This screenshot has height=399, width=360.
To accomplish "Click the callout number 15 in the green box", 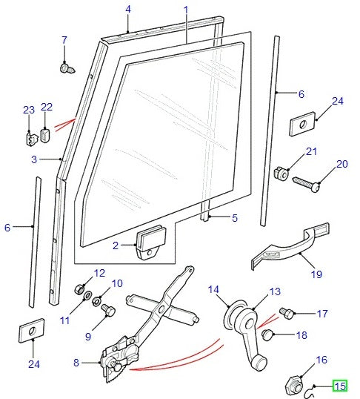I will pyautogui.click(x=340, y=386).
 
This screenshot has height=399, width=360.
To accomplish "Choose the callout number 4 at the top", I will pyautogui.click(x=127, y=10).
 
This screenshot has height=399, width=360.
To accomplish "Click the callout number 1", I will pyautogui.click(x=185, y=10).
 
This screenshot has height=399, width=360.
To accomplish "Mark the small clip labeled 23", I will pyautogui.click(x=29, y=137).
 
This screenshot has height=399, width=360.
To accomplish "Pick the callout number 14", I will pyautogui.click(x=214, y=289).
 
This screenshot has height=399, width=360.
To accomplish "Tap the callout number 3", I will pyautogui.click(x=33, y=159).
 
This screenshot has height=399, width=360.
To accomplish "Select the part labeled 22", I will pyautogui.click(x=46, y=134).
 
